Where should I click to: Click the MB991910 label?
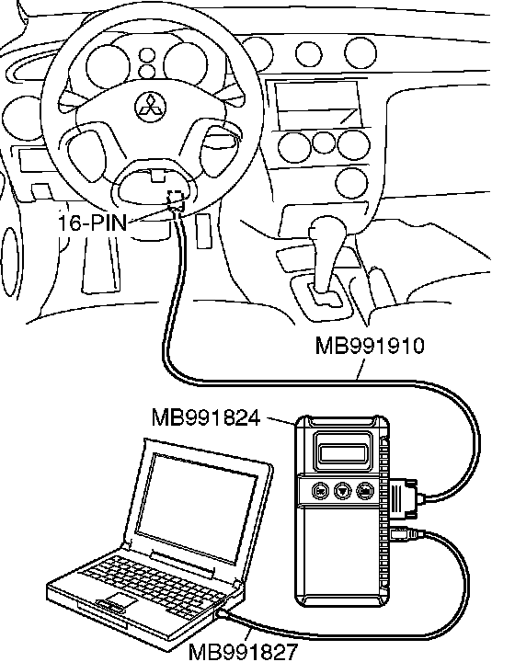(x=370, y=346)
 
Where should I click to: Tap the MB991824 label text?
(x=206, y=418)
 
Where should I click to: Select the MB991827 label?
(x=243, y=652)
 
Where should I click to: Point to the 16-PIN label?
(x=92, y=223)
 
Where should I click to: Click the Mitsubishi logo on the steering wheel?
(x=151, y=107)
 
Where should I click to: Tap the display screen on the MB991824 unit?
(x=343, y=453)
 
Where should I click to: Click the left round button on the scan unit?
(x=319, y=491)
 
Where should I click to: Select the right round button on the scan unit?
(x=365, y=491)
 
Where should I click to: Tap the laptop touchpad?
(x=120, y=599)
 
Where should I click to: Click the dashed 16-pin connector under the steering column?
(x=176, y=199)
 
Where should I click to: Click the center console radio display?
(x=318, y=104)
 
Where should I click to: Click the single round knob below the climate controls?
(x=351, y=183)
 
